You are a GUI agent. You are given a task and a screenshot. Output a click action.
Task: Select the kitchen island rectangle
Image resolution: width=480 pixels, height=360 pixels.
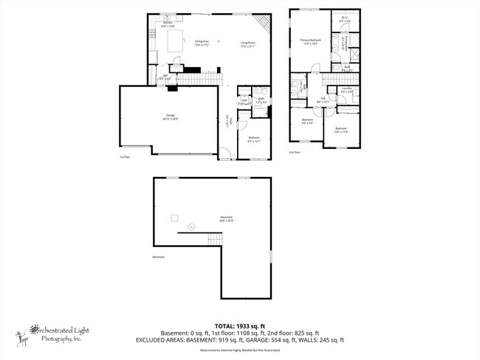(177, 45)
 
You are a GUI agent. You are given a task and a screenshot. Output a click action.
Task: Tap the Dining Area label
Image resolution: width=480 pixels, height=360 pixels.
(201, 43)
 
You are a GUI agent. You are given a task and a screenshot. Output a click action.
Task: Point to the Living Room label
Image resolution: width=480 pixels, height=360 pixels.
(247, 43)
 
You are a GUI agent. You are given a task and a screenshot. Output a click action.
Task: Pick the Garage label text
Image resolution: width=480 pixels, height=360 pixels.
(171, 117)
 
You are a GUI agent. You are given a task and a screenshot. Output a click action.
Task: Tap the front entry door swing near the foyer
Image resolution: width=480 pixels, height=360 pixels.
(224, 153)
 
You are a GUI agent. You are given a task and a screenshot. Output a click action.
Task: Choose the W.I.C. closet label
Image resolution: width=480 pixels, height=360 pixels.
(345, 19)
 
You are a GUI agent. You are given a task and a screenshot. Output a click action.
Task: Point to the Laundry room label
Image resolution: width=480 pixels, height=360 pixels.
(345, 91)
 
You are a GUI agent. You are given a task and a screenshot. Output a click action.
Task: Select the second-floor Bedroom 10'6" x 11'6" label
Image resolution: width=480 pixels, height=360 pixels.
(340, 129)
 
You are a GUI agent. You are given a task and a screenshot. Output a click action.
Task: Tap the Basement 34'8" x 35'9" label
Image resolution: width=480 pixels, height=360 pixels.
(226, 218)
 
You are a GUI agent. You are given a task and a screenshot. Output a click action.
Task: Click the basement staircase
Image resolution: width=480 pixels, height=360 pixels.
(214, 239)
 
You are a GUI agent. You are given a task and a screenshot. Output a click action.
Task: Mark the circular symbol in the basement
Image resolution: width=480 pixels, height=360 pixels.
(191, 226)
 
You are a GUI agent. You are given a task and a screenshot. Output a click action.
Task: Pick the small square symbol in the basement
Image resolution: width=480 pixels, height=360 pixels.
(175, 217)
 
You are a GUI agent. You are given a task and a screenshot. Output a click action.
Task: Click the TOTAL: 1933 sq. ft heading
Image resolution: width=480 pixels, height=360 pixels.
(240, 325)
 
